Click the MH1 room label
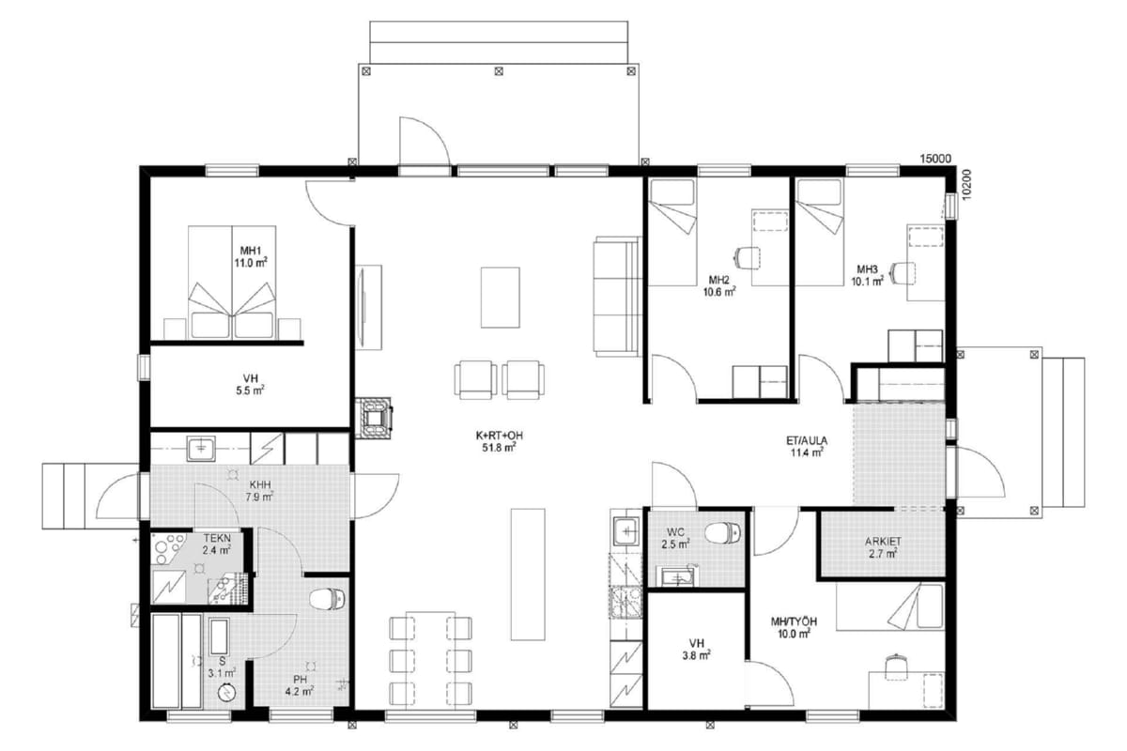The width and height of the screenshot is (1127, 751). tap(250, 251)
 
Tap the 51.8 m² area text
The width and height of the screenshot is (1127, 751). tap(499, 448)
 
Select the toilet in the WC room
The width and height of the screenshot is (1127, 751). tap(723, 533)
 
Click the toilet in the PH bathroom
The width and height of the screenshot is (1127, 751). tap(328, 599)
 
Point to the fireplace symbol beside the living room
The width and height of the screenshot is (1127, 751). tap(374, 419)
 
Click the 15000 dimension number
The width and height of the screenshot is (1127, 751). tap(935, 159)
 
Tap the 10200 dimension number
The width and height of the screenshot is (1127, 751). tap(966, 185)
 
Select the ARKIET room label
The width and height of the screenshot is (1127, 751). tap(883, 542)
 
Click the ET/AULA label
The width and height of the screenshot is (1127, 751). tap(807, 440)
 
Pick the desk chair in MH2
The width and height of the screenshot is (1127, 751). tap(748, 258)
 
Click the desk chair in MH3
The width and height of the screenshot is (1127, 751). tap(903, 273)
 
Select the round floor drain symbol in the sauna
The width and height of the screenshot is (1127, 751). tap(226, 693)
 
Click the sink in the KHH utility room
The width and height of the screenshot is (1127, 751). tap(201, 449)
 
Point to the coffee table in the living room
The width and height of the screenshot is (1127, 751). tap(500, 298)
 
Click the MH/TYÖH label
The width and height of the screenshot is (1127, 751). tap(794, 621)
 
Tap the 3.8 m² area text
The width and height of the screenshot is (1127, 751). tap(696, 655)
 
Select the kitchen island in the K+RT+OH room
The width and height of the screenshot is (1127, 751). tap(528, 575)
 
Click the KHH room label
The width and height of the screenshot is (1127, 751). tap(260, 485)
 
